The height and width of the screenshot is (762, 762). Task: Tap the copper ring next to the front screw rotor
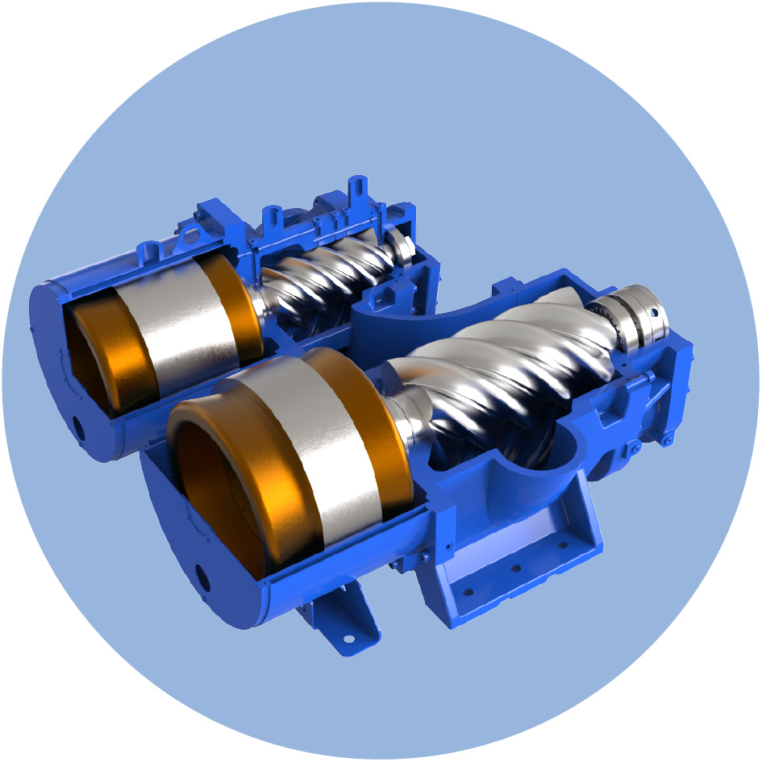point(379,427)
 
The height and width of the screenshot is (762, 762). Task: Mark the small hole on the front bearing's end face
point(655,309)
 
